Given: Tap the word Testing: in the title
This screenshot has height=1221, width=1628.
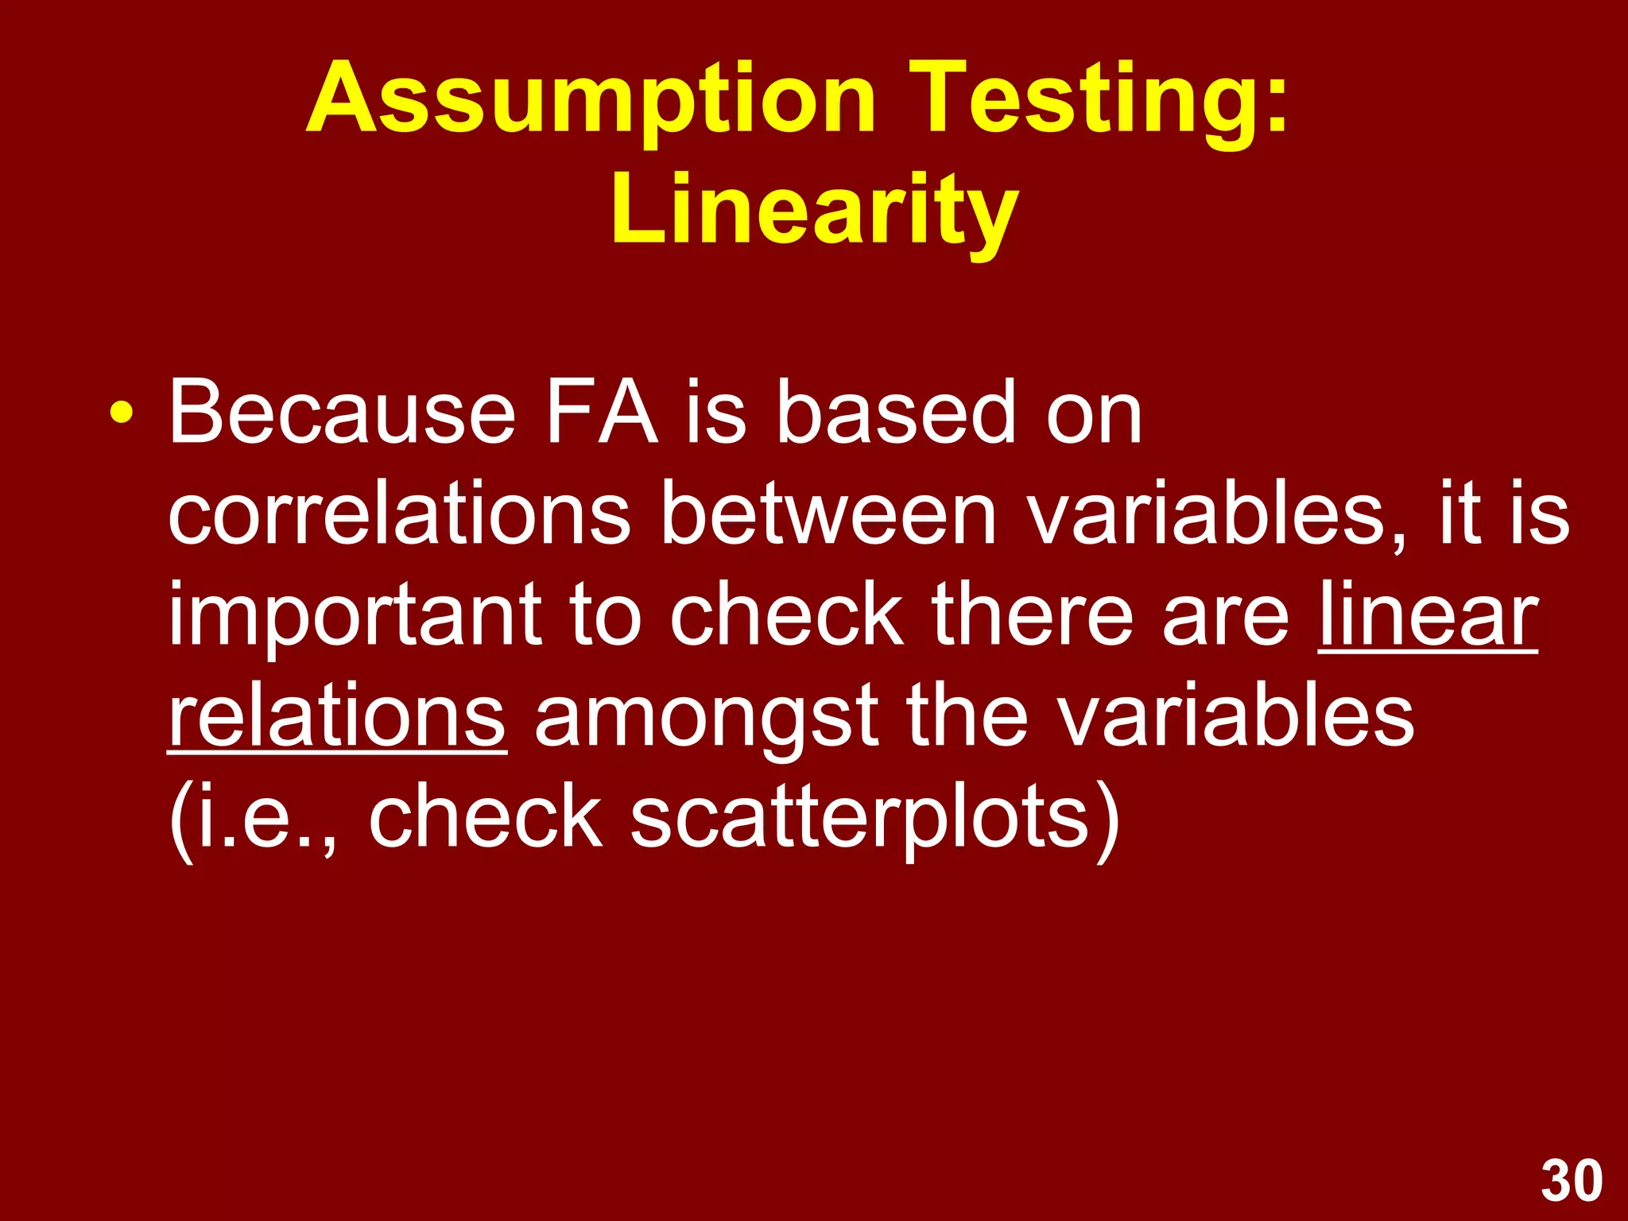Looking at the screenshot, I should pos(1104,99).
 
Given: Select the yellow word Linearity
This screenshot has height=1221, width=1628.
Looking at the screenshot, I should pos(814,211).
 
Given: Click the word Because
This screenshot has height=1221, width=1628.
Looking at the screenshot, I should pos(342,413).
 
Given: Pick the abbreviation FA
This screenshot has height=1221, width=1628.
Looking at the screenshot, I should pos(602,413).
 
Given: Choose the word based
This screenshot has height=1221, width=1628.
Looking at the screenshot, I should pos(896,413).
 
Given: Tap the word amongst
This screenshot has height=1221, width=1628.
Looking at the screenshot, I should pos(706,719).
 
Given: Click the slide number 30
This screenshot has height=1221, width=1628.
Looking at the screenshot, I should pos(1572,1181).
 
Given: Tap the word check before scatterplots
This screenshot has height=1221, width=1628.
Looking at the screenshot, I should pos(486,819).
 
